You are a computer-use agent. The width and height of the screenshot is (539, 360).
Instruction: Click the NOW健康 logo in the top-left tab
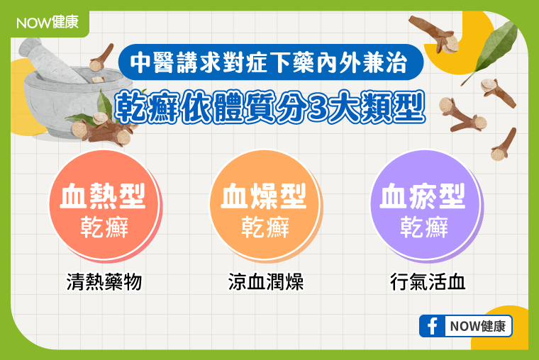(x=48, y=23)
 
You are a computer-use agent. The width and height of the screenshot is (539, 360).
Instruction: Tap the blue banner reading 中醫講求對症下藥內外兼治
(x=270, y=62)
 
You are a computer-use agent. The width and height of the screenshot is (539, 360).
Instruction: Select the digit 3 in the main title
(x=318, y=108)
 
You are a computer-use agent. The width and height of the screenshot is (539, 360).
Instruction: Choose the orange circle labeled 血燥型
(x=265, y=206)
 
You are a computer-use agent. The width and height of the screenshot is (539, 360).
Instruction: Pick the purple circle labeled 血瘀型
(x=426, y=206)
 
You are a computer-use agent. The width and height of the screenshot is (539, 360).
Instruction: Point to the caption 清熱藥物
(x=104, y=282)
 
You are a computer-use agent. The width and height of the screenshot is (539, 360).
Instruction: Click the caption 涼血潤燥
(x=266, y=282)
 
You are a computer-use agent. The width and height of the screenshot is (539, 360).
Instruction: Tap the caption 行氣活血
(x=428, y=282)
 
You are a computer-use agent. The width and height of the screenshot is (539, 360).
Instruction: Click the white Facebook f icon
(x=432, y=326)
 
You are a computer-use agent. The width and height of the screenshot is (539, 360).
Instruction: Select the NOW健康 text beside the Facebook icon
(x=478, y=326)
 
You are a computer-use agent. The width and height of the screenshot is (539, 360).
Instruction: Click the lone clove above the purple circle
(x=504, y=145)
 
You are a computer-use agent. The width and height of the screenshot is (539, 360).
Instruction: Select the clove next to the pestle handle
(x=101, y=57)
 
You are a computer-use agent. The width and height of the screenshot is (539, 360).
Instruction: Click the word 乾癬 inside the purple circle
(x=424, y=227)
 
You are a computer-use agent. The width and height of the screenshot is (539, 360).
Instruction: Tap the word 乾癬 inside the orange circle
(x=265, y=227)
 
